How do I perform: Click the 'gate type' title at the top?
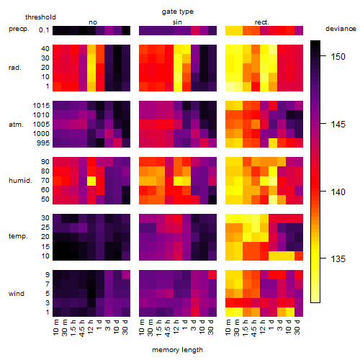pos(178,12)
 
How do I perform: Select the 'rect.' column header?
pos(262,22)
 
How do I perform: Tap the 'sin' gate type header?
pos(177,22)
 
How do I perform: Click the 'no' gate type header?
pos(93,22)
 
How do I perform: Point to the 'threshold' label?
pos(40,17)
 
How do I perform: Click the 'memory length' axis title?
pos(177,350)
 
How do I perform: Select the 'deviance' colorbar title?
pos(341,29)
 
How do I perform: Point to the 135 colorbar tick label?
pos(338,259)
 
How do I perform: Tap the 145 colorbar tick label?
pos(338,125)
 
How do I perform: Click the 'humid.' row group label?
pos(20,181)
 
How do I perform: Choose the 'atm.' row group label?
pos(16,125)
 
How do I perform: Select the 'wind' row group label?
pos(17,294)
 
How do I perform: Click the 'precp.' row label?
pos(19,30)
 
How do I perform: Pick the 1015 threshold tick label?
pos(41,106)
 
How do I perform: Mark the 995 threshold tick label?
pos(43,143)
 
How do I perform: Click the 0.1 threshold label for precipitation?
pos(44,30)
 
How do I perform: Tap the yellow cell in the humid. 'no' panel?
pos(91,181)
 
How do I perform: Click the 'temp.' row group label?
pos(18,236)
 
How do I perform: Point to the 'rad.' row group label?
pos(15,68)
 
